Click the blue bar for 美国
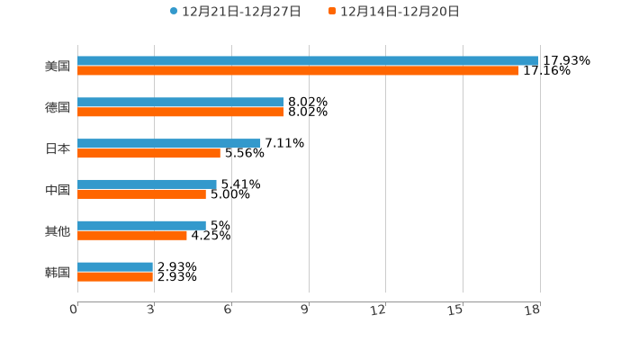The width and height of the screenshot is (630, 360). pyautogui.click(x=308, y=61)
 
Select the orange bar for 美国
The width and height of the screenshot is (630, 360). pyautogui.click(x=298, y=71)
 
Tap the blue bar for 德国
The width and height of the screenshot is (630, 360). pyautogui.click(x=181, y=103)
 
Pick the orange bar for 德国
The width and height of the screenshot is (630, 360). pyautogui.click(x=181, y=112)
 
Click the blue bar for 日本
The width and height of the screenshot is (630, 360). pyautogui.click(x=169, y=143)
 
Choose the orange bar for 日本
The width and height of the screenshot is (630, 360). pyautogui.click(x=148, y=154)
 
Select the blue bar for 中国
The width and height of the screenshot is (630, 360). pyautogui.click(x=147, y=184)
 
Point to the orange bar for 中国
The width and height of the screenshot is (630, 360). pyautogui.click(x=141, y=194)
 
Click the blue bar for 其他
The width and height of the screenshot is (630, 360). pyautogui.click(x=141, y=225)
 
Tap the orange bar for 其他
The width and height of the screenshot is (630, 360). pyautogui.click(x=132, y=236)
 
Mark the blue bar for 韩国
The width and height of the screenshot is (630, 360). pyautogui.click(x=115, y=266)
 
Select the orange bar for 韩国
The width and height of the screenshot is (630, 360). pyautogui.click(x=115, y=277)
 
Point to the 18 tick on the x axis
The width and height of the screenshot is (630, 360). pyautogui.click(x=532, y=310)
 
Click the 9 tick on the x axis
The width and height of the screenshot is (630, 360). pyautogui.click(x=304, y=310)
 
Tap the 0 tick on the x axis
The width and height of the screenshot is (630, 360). pyautogui.click(x=74, y=310)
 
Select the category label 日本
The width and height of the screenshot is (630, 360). pyautogui.click(x=58, y=148)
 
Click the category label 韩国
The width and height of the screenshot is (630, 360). pyautogui.click(x=58, y=272)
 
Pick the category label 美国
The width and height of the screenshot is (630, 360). pyautogui.click(x=58, y=66)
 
